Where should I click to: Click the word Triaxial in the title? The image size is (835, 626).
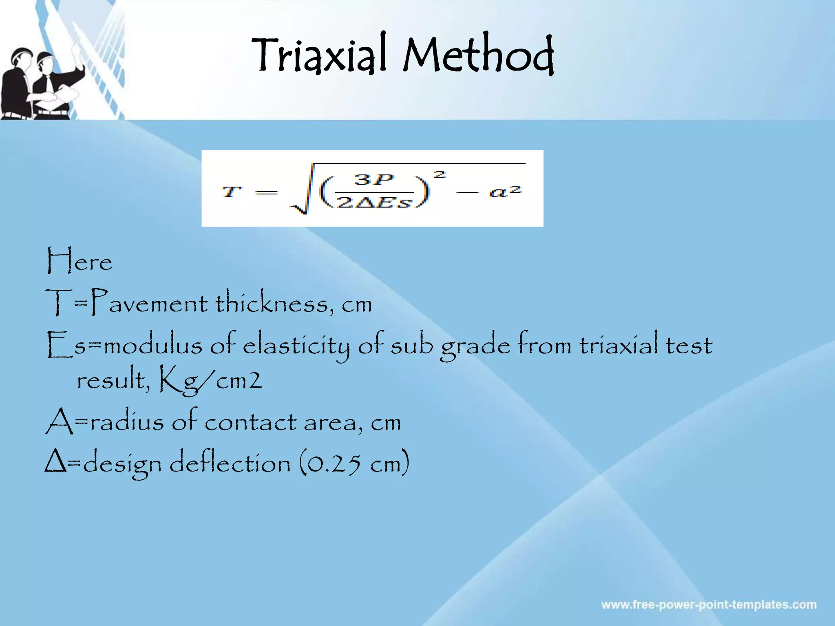coord(318,55)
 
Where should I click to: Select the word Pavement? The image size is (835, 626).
coord(149,303)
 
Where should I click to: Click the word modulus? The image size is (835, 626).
coord(153,346)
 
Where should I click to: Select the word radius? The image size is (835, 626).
coord(127,422)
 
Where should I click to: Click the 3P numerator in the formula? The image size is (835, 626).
coord(373,180)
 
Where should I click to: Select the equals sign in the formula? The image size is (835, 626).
coord(266,192)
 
